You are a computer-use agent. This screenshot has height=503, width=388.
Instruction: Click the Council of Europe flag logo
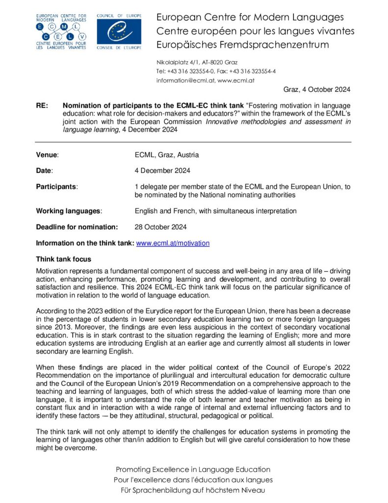pos(119,31)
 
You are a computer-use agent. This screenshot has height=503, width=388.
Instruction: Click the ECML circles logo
pos(61,31)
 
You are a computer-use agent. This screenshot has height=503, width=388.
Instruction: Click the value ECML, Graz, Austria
pos(167,155)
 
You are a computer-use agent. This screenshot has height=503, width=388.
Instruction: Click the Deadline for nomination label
pos(77,227)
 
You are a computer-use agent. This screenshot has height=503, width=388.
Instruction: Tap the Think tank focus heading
pos(63,259)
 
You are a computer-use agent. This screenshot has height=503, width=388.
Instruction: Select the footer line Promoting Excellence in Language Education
pos(193,469)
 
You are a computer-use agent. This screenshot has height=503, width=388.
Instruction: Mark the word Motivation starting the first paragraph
pos(52,271)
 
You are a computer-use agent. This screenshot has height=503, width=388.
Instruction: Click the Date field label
pos(45,171)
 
